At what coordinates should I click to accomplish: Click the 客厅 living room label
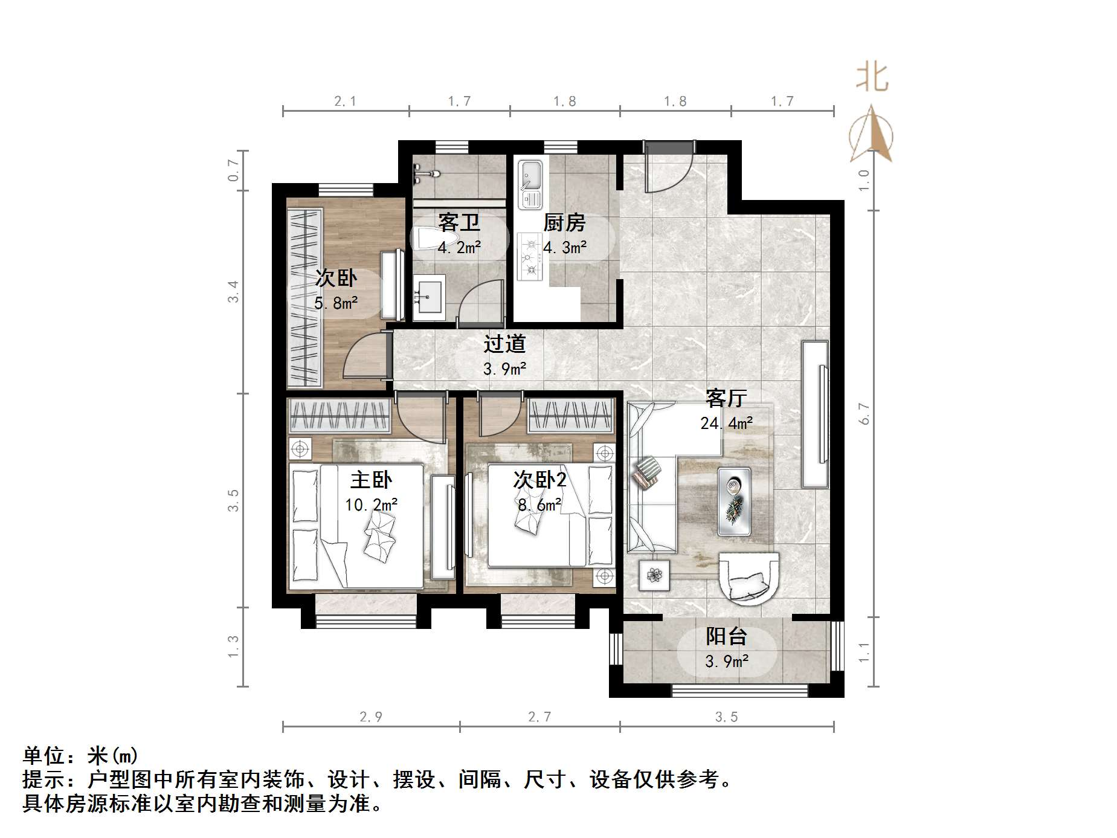(726, 398)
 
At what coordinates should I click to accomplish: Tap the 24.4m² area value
(726, 423)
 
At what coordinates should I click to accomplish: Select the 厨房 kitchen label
(564, 223)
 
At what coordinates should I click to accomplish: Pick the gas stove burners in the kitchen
(530, 257)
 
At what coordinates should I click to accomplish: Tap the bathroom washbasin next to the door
(429, 297)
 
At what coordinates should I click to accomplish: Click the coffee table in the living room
(734, 501)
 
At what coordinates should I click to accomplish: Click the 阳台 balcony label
(726, 636)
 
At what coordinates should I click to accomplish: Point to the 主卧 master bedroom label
(371, 480)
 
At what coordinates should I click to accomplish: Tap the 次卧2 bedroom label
(539, 480)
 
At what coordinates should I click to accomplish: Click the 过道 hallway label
(504, 344)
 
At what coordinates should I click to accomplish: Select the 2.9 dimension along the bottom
(370, 717)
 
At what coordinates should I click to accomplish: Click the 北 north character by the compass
(872, 78)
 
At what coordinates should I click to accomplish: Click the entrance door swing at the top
(668, 167)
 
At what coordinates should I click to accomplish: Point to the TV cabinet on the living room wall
(815, 414)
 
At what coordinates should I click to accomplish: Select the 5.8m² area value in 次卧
(336, 303)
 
